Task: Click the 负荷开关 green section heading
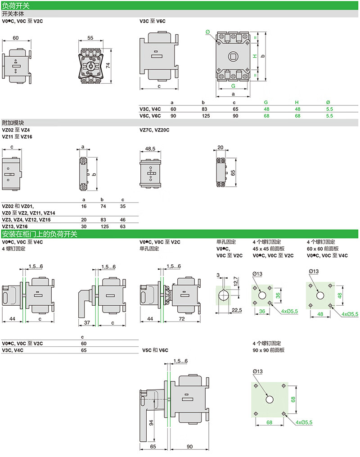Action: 16,5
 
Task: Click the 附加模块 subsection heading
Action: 13,123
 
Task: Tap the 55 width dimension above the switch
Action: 90,38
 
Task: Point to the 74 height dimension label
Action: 108,65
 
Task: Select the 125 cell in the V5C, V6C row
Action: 206,116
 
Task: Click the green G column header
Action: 265,102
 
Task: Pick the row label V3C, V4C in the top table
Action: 150,109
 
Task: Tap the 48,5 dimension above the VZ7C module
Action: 150,149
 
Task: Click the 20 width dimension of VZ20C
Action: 220,148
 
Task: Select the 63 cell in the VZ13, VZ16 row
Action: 122,226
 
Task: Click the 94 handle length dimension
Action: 151,423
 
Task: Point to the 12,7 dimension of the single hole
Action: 236,281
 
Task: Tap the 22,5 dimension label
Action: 237,310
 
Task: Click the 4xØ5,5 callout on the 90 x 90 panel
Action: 304,422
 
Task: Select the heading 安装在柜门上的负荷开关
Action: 39,234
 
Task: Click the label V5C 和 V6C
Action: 155,350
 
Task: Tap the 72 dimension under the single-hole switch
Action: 182,319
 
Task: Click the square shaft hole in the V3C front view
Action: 233,56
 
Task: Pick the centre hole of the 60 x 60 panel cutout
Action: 320,295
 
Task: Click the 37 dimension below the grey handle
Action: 87,323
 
